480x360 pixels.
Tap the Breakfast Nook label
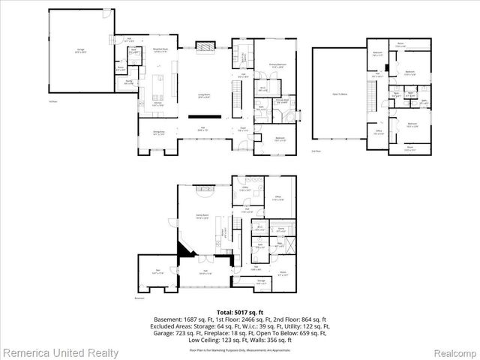(x=160, y=49)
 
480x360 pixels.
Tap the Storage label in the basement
(x=260, y=281)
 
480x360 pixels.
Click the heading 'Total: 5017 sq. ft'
(x=240, y=310)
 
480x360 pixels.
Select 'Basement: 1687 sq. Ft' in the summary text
(x=183, y=319)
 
